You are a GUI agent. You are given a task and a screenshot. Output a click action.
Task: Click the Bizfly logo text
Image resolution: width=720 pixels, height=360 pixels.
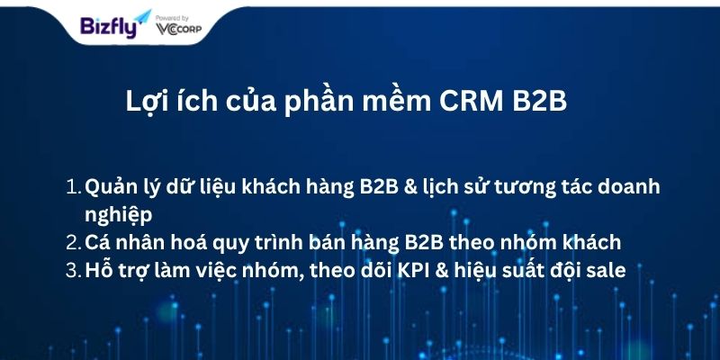pyautogui.click(x=109, y=27)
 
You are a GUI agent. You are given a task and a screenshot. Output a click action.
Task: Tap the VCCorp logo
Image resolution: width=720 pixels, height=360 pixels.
pyautogui.click(x=178, y=29)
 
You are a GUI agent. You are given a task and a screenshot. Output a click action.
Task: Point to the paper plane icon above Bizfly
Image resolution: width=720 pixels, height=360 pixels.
pyautogui.click(x=143, y=16)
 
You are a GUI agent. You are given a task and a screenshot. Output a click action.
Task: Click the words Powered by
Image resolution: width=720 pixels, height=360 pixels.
pyautogui.click(x=172, y=18)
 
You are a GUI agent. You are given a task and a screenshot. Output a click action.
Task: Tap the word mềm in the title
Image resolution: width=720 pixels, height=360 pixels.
pyautogui.click(x=397, y=101)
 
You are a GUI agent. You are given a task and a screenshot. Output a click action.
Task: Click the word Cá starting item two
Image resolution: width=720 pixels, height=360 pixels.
pyautogui.click(x=97, y=241)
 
